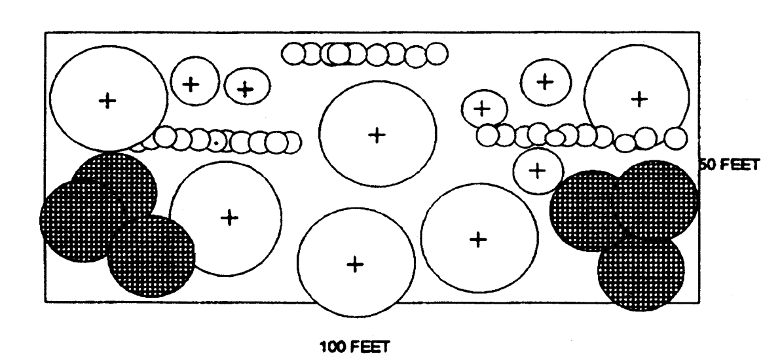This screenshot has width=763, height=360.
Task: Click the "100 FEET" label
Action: click(x=352, y=345)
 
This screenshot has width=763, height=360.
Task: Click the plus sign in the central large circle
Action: click(x=377, y=135)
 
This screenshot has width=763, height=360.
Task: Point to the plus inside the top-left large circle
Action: click(x=107, y=100)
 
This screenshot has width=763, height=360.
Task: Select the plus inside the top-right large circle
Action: click(x=639, y=99)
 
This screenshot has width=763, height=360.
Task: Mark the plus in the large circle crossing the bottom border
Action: click(x=354, y=264)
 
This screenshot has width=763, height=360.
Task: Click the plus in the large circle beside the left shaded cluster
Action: click(x=229, y=217)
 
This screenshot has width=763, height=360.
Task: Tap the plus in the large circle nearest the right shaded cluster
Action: click(x=479, y=240)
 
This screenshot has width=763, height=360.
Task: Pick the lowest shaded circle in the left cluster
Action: click(x=151, y=255)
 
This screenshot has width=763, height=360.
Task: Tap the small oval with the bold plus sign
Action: click(x=245, y=88)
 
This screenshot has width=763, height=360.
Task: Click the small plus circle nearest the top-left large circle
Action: click(x=191, y=84)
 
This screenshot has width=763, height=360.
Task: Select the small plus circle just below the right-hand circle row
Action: click(x=537, y=170)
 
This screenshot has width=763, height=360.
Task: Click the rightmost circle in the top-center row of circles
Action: click(x=436, y=54)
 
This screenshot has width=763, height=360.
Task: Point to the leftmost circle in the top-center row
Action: click(x=292, y=54)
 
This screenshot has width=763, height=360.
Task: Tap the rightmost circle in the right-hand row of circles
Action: click(x=676, y=137)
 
